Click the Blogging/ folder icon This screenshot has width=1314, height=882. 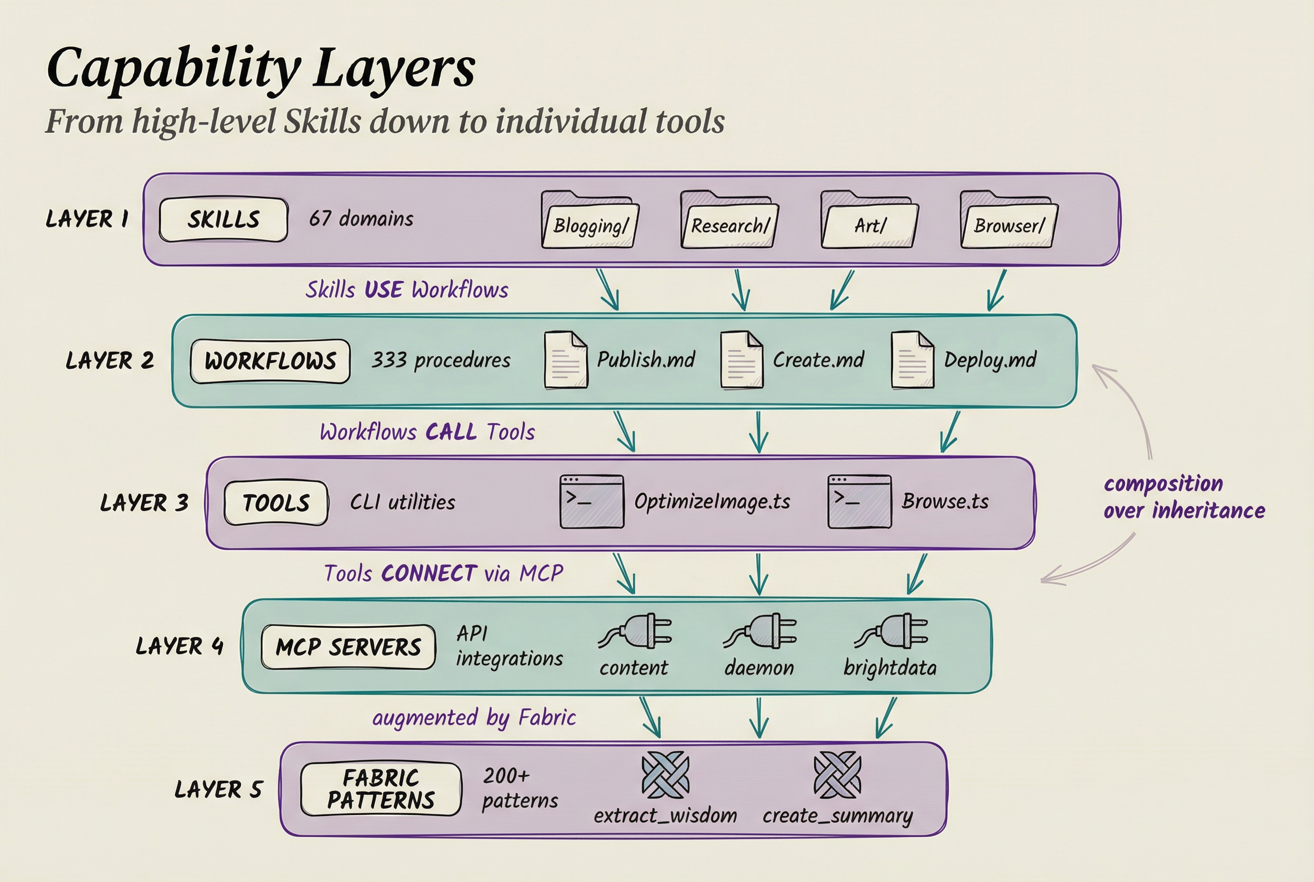(x=589, y=220)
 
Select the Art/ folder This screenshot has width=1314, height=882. (x=869, y=220)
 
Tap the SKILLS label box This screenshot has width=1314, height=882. (x=223, y=219)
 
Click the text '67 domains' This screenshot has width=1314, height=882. (x=361, y=218)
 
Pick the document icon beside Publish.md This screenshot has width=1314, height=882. (x=566, y=360)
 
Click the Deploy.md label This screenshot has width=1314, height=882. (x=990, y=360)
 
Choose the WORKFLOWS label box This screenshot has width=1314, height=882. (x=270, y=361)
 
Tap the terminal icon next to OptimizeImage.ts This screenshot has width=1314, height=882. (x=592, y=501)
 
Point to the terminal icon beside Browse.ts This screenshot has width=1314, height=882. (x=859, y=501)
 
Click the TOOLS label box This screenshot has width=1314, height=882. (x=275, y=503)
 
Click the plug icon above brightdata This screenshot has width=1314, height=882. (x=892, y=631)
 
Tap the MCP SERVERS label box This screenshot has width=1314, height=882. (x=348, y=647)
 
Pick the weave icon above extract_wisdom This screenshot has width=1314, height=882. (x=665, y=775)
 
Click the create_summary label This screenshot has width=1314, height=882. (x=837, y=815)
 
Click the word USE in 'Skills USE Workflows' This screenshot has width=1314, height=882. (x=384, y=290)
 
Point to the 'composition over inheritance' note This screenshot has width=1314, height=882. (x=1183, y=497)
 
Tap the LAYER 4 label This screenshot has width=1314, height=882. (x=179, y=646)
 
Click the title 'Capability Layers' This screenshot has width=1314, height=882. (x=261, y=69)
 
